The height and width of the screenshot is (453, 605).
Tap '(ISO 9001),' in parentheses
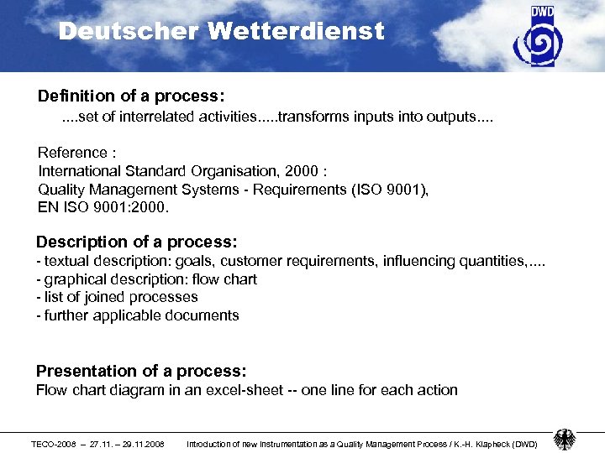click(x=388, y=190)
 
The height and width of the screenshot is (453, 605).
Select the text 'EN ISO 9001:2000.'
click(x=103, y=207)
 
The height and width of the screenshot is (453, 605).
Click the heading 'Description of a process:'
click(x=137, y=242)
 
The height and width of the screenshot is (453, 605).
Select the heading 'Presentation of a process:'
click(x=140, y=371)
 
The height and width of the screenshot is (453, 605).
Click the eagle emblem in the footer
click(x=565, y=440)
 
